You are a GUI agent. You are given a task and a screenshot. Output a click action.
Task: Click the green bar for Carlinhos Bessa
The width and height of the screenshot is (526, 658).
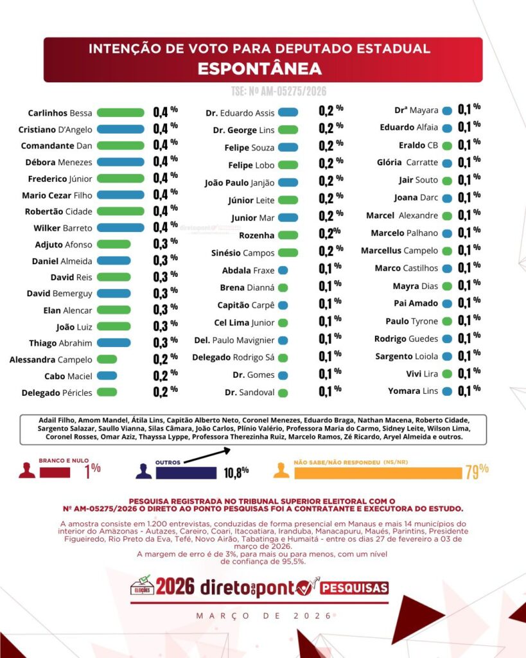[x=120, y=112]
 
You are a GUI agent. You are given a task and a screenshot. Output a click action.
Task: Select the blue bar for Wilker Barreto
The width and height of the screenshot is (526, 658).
[x=120, y=227]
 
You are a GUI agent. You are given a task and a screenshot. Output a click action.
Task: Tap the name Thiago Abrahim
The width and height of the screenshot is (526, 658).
[x=60, y=343]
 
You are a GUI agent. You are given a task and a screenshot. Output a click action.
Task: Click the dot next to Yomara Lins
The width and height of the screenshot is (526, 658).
[x=447, y=391]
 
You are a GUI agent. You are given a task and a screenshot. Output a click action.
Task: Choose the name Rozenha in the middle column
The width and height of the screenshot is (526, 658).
[x=256, y=236]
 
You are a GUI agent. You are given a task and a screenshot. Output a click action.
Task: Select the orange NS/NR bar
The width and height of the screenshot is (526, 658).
[x=378, y=473]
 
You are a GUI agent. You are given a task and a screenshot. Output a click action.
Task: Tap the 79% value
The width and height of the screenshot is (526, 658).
[x=477, y=471]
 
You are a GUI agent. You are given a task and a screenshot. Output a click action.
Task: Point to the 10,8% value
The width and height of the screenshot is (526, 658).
[x=236, y=473]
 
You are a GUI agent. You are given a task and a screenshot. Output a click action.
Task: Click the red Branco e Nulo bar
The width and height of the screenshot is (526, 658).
[x=55, y=472]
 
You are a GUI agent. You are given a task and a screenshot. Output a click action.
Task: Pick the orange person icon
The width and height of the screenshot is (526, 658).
[x=281, y=470]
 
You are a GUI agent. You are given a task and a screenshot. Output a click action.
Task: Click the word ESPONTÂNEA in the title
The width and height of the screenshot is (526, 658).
[x=259, y=69]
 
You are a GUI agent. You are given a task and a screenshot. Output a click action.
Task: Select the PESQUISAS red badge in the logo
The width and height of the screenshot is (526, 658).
[x=355, y=587]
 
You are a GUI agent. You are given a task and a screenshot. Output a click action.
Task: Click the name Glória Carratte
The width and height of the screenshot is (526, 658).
[x=407, y=163]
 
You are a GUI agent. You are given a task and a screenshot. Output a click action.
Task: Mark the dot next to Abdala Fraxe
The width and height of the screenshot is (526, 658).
[x=283, y=271]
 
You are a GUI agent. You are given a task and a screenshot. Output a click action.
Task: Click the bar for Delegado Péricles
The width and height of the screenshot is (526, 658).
[x=107, y=392]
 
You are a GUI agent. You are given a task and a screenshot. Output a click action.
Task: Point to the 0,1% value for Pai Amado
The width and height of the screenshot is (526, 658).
[x=469, y=303]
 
